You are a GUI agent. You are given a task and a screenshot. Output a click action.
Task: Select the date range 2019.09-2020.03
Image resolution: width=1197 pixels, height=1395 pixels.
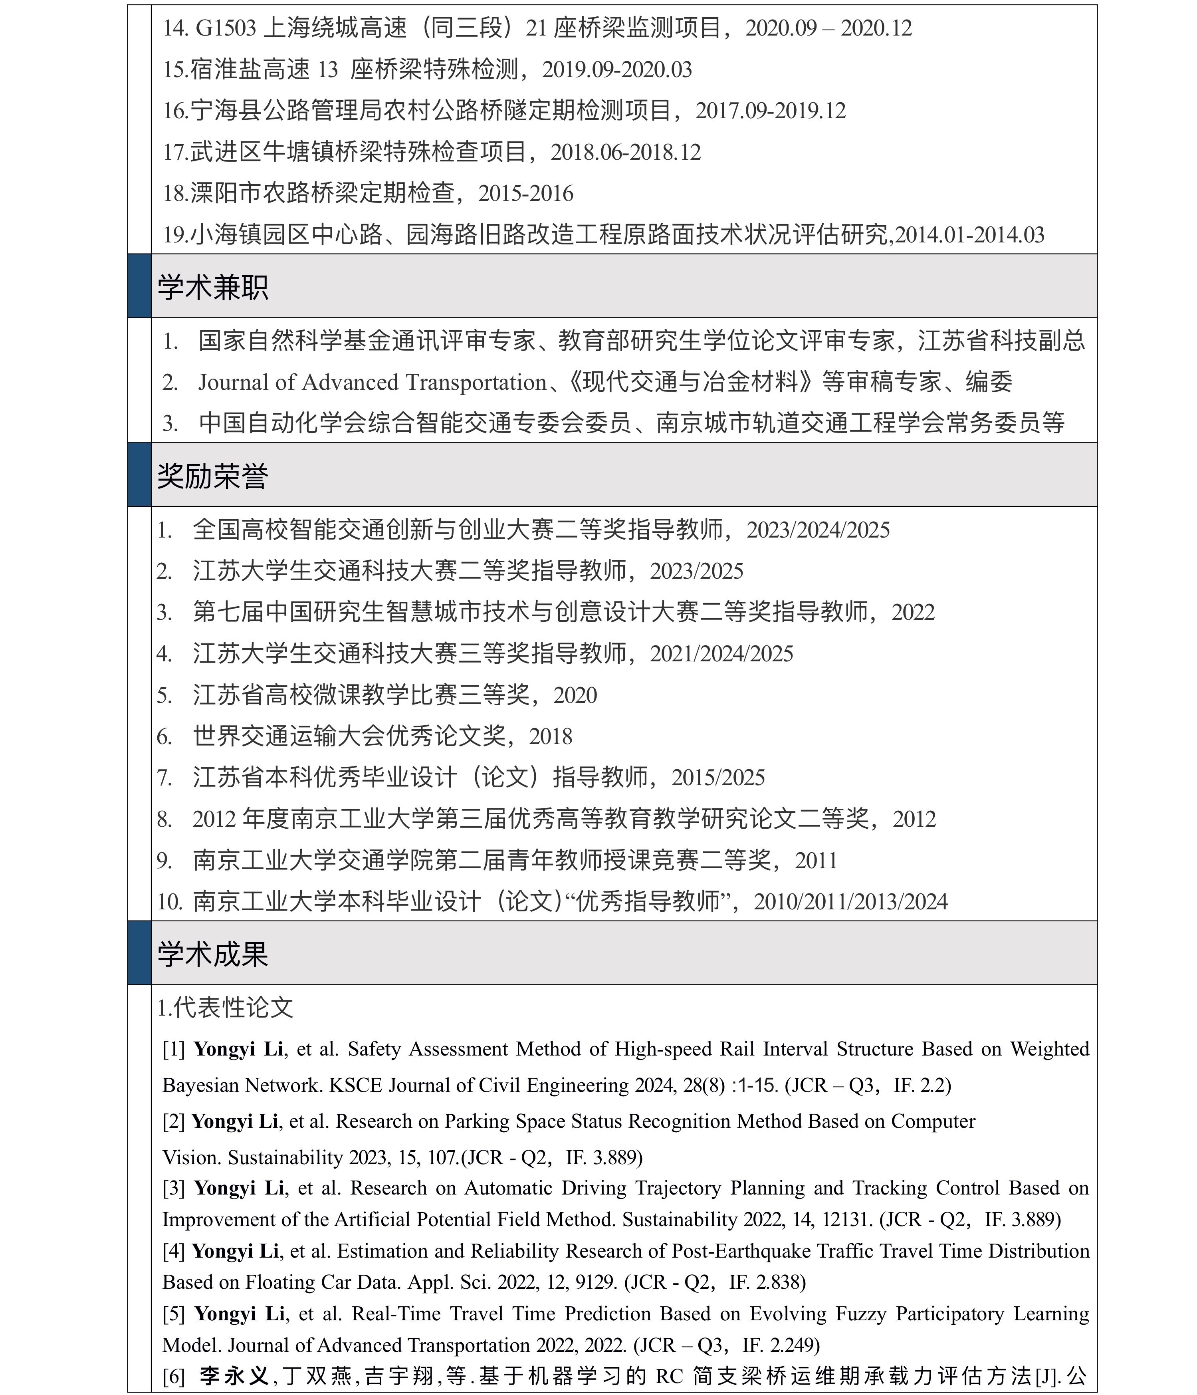[x=617, y=70]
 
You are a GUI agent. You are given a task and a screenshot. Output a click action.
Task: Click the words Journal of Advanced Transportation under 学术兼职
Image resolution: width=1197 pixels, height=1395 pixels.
[x=372, y=383]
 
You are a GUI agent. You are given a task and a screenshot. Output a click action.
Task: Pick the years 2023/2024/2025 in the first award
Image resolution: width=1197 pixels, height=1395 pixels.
[x=818, y=530]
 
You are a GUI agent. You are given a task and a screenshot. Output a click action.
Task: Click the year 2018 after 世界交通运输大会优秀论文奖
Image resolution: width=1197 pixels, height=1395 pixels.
[x=551, y=736]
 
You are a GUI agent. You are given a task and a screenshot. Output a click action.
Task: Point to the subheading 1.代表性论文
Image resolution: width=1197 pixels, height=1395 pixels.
[x=226, y=1008]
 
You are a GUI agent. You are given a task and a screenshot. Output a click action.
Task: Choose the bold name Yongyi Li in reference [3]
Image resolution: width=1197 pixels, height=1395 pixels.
[x=239, y=1188]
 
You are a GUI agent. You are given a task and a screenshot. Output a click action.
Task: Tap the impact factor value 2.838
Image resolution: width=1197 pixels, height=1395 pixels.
[x=781, y=1282]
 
